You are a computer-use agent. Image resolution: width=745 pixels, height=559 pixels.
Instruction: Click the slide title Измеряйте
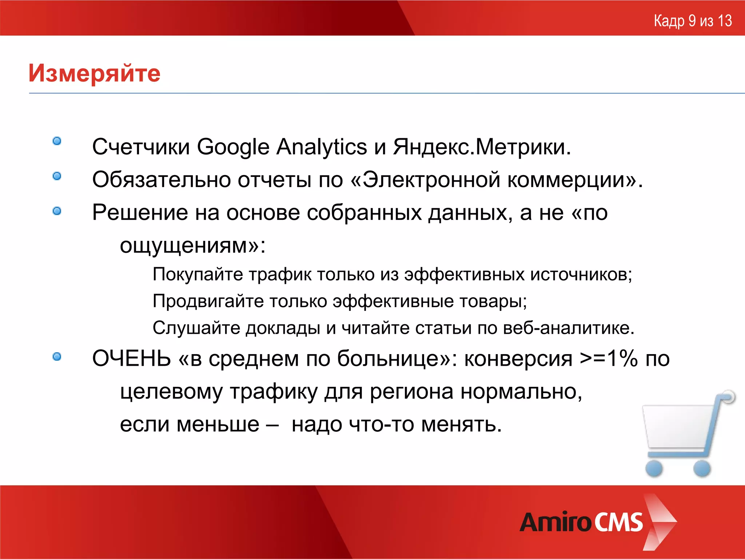(x=94, y=73)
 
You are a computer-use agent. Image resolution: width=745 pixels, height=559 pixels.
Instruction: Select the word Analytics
(x=321, y=147)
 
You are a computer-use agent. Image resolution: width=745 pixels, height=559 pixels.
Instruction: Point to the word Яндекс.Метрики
(x=482, y=147)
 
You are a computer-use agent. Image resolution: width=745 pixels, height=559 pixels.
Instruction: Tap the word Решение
(x=140, y=212)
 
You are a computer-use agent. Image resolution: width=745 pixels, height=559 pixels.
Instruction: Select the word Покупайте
(x=198, y=274)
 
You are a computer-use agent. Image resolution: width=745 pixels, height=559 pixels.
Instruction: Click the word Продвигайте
(x=208, y=301)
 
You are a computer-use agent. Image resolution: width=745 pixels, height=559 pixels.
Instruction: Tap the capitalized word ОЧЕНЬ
(x=131, y=358)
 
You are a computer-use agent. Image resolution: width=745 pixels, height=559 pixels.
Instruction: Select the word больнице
(x=393, y=358)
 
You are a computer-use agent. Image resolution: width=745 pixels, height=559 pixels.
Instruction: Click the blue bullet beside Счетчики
(x=57, y=141)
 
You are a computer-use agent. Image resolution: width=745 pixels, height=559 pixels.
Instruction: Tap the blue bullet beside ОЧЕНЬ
(x=57, y=357)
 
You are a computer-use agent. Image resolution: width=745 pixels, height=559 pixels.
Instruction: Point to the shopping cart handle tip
(x=729, y=396)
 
